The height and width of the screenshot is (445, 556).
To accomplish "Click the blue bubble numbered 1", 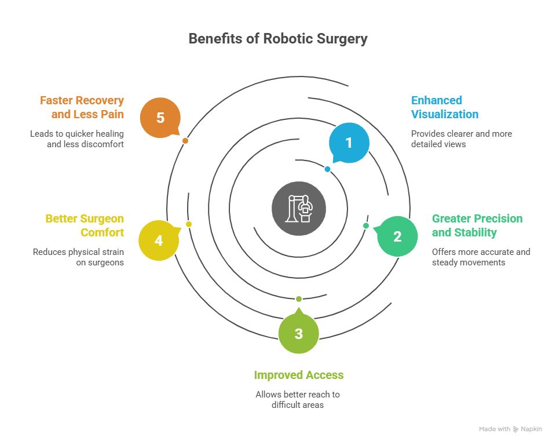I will (349, 143).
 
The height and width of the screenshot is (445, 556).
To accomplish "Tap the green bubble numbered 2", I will (397, 236).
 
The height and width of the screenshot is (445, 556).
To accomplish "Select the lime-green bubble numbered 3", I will (298, 333).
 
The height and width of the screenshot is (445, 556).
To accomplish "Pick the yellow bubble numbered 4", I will (159, 240).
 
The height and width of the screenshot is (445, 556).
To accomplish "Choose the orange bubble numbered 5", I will (160, 118).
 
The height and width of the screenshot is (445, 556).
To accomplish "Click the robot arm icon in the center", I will (299, 209).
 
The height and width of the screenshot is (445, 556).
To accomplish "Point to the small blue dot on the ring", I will (327, 169).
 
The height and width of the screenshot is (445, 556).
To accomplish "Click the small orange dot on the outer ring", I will (185, 141).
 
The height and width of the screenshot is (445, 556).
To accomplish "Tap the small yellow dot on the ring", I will (189, 224).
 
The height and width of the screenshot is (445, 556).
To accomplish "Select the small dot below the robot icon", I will (299, 299).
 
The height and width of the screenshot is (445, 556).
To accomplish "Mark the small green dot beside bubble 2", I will (366, 225).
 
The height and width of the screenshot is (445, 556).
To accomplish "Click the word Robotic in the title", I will (288, 39).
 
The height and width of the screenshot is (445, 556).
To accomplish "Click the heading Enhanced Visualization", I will (444, 107).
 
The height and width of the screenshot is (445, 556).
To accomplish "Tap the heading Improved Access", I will (298, 375).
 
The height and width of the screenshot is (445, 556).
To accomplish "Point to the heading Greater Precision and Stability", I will (477, 225).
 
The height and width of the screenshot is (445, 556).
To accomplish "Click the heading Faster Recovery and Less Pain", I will (82, 107).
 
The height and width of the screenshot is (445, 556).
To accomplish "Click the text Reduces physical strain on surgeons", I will (78, 257).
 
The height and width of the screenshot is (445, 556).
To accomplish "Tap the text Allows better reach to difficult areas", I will (298, 400).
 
